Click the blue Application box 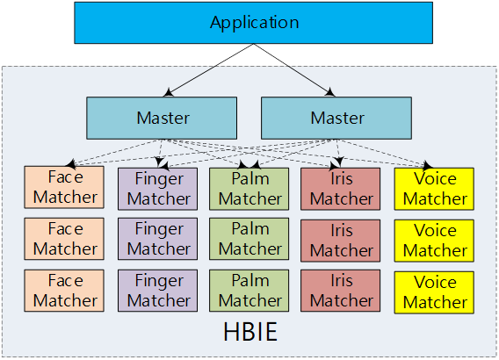tap(253, 23)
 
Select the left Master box tap(162, 118)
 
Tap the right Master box tap(336, 118)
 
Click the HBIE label tap(250, 332)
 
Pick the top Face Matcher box tap(64, 187)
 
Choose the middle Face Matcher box tap(64, 239)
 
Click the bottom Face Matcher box tap(64, 291)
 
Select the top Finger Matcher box tap(157, 189)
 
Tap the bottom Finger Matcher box tap(157, 291)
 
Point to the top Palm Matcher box tap(249, 189)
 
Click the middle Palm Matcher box tap(249, 239)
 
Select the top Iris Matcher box tap(341, 189)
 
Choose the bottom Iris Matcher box tap(341, 291)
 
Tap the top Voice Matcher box tap(434, 189)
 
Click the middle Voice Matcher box tap(434, 241)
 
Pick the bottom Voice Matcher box tap(434, 292)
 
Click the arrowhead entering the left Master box tap(168, 93)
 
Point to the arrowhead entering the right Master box tap(330, 92)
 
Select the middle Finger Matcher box tap(157, 239)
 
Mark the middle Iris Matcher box tap(341, 241)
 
